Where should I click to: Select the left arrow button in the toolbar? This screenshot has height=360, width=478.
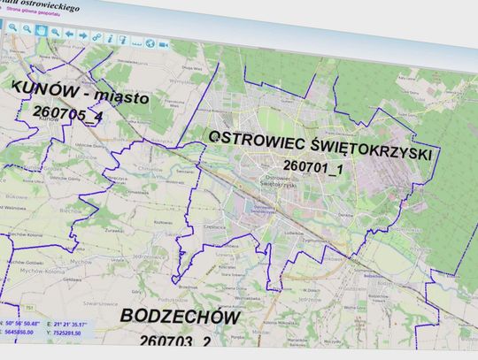point(69,34)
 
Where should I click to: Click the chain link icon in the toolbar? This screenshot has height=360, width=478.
point(96,37)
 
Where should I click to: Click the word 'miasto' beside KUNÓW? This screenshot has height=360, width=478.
point(118,96)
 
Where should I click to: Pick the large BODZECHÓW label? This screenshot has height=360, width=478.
point(168,317)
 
